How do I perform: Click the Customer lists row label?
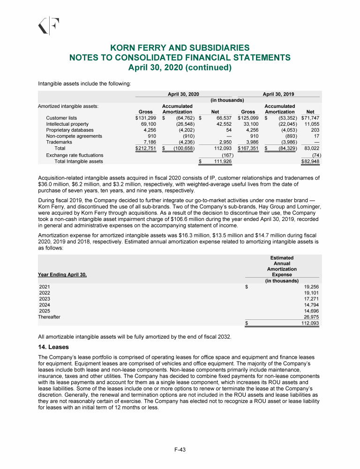coord(61,118)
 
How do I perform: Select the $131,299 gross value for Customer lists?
coord(142,118)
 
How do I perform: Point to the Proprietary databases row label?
coord(69,130)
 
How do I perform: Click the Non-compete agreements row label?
coord(74,136)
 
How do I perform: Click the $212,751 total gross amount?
coord(142,149)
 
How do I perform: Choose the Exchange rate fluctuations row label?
coord(75,155)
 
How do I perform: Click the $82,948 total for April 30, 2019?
coord(310,161)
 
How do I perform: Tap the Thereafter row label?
coord(49,317)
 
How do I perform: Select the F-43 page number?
coord(180,450)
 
